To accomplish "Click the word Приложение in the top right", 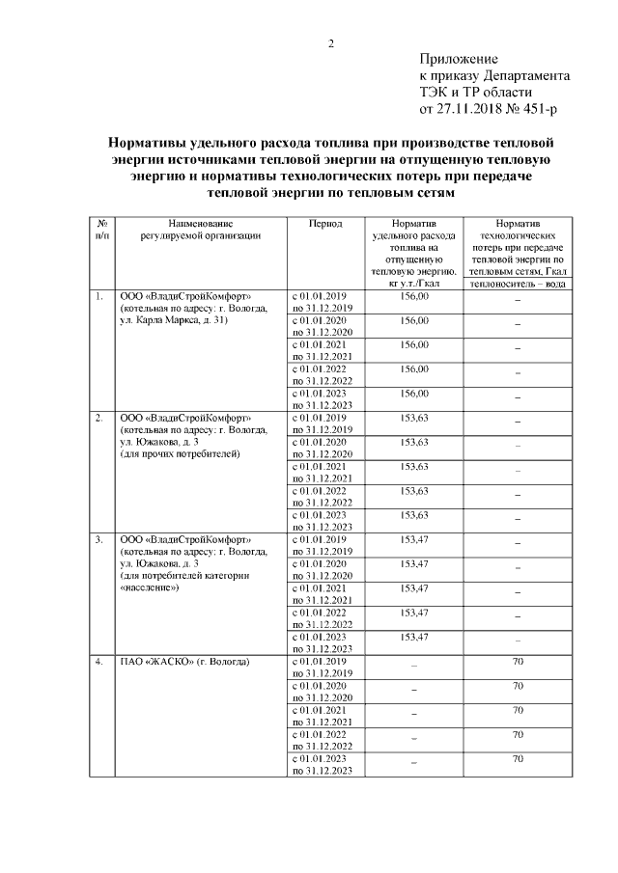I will tap(459, 60).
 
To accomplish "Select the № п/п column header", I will tap(101, 228).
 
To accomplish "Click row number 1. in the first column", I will tap(98, 295).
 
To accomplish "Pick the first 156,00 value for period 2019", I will tap(413, 295).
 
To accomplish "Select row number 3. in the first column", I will tap(98, 538).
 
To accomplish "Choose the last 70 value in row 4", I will tap(518, 759).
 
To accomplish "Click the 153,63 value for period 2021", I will tap(413, 466).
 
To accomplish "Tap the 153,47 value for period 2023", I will tap(413, 636).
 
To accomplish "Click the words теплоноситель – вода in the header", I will tap(518, 284).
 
